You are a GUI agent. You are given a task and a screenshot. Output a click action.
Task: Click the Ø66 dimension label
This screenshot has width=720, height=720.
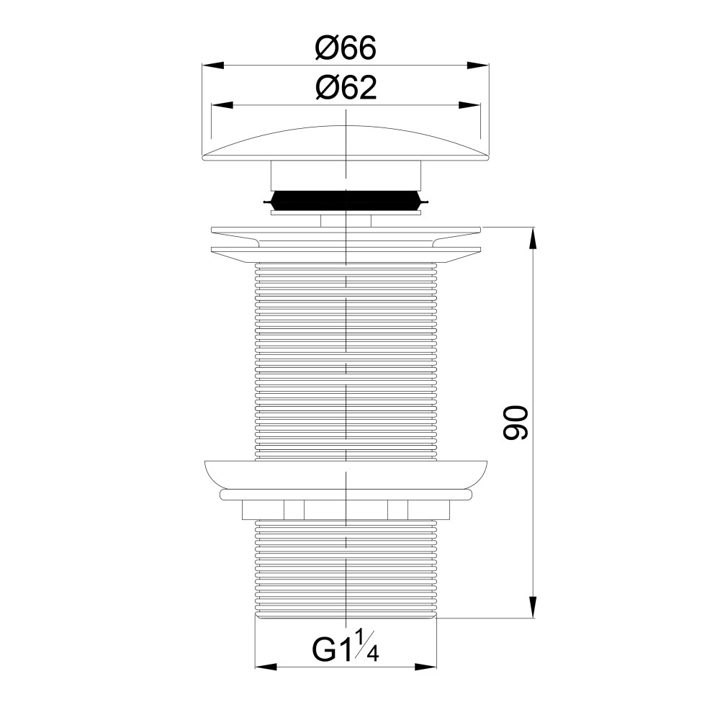coord(346,48)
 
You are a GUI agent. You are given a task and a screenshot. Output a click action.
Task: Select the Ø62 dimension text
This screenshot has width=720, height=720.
coord(346,87)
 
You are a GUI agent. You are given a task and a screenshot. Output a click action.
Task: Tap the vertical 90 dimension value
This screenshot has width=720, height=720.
coord(516,423)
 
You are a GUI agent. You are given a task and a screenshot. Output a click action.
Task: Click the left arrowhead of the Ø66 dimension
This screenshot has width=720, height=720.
coord(212,66)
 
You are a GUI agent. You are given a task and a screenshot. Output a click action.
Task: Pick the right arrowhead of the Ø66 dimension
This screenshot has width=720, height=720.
coord(478,66)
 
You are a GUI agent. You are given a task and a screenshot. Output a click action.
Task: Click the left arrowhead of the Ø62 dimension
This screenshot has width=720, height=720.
coord(222,105)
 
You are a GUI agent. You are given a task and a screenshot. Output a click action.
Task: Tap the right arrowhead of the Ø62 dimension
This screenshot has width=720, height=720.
coord(469,105)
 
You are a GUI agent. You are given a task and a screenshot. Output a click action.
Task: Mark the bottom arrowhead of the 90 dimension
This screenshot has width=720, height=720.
coord(533,607)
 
